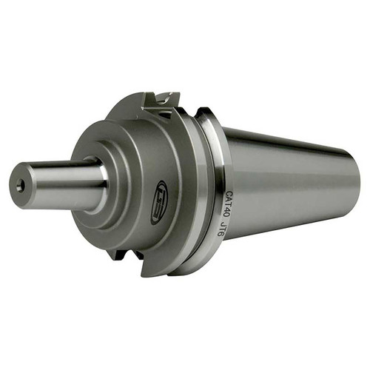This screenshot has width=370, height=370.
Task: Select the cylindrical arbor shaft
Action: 59,181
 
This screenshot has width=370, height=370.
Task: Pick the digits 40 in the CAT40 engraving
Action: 230,209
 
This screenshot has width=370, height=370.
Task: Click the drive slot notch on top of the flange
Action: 164,98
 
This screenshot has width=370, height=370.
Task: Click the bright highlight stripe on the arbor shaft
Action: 59,172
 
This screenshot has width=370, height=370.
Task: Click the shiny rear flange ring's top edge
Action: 206,113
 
